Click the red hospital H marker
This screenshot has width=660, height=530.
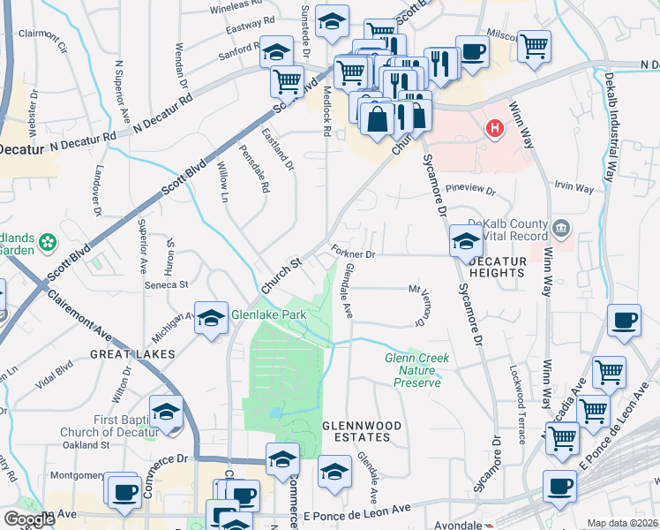pyautogui.click(x=495, y=129)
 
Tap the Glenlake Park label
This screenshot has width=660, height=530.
pyautogui.click(x=268, y=314)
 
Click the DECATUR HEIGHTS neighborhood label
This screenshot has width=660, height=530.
pyautogui.click(x=497, y=268)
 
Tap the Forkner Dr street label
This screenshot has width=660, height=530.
pyautogui.click(x=355, y=253)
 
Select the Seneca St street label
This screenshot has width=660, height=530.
pyautogui.click(x=168, y=284)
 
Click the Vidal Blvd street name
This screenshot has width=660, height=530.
pyautogui.click(x=54, y=377)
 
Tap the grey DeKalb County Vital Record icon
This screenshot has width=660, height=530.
pyautogui.click(x=560, y=231)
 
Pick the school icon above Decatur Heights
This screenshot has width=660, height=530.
pyautogui.click(x=466, y=241)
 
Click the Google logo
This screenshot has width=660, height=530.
pyautogui.click(x=30, y=519)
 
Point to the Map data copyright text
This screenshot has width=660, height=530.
pyautogui.click(x=622, y=523)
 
